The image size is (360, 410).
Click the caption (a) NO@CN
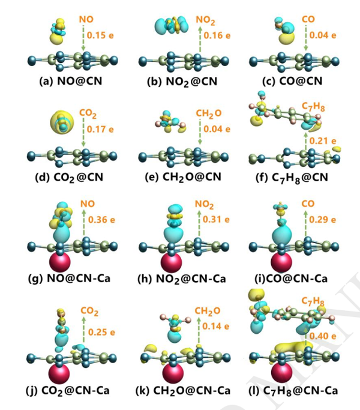[x=71, y=81]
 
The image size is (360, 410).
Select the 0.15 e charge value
[x=100, y=35]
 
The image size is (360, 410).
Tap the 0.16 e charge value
[x=217, y=35]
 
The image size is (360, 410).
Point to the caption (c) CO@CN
[x=292, y=81]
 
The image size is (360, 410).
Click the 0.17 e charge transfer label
[x=100, y=129]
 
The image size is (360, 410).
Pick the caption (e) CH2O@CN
[x=183, y=177]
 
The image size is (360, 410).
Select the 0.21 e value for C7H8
[x=323, y=141]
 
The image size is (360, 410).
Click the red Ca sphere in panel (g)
[x=60, y=262]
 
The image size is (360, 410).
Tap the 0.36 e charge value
[x=101, y=220]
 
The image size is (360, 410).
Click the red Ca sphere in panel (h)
[x=171, y=262]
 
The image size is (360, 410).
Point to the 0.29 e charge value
[x=322, y=220]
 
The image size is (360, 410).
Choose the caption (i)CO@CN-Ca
[x=291, y=279]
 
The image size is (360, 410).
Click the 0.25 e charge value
[x=101, y=332]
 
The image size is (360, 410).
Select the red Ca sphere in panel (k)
[x=173, y=373]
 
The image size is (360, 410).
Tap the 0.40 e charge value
[x=323, y=336]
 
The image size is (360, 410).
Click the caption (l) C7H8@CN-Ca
[x=293, y=391]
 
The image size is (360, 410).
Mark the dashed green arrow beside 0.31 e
[x=199, y=223]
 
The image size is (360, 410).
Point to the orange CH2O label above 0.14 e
[x=208, y=311]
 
